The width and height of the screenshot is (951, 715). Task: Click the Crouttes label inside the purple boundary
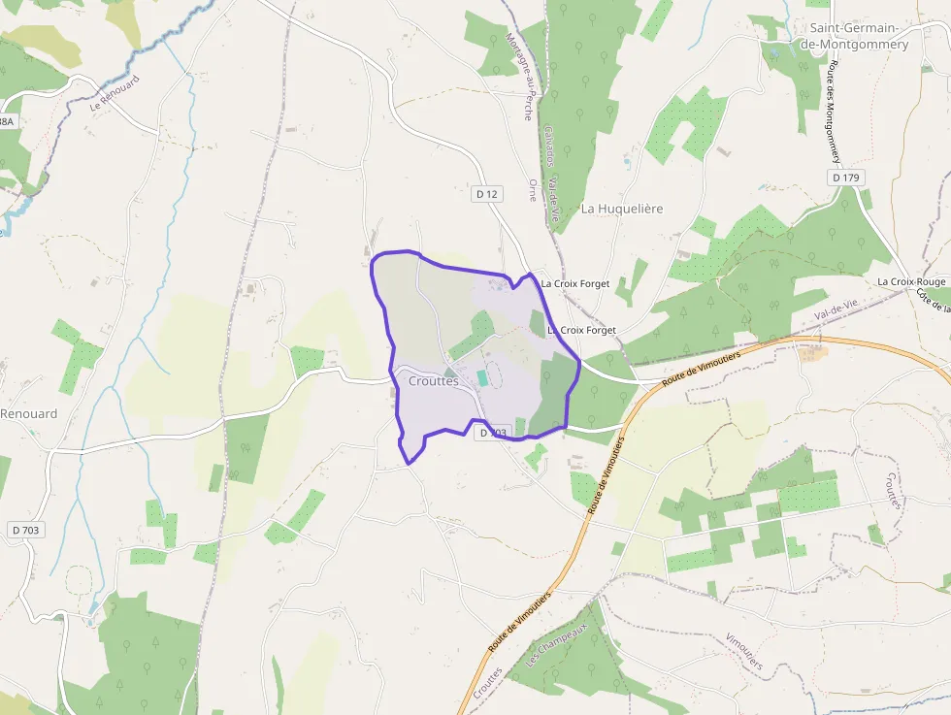coord(433,381)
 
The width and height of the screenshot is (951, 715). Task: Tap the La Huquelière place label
coord(622,209)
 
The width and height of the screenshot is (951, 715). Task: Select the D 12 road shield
coord(487,194)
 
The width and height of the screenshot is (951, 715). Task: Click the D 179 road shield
coord(846,178)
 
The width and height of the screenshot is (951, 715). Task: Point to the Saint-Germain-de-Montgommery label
coord(858,37)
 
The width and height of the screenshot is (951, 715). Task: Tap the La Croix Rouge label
coord(911,281)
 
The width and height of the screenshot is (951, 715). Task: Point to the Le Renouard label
coord(115,94)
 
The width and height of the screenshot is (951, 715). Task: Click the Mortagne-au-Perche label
coord(520,77)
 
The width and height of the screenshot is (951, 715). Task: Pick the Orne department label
coord(531,189)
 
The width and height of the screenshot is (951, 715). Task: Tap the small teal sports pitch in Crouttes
coord(482,377)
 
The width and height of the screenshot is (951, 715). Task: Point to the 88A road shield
coord(6,122)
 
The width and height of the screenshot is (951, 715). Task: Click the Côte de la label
coord(934,302)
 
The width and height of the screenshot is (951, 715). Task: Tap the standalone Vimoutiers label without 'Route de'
coord(743,653)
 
